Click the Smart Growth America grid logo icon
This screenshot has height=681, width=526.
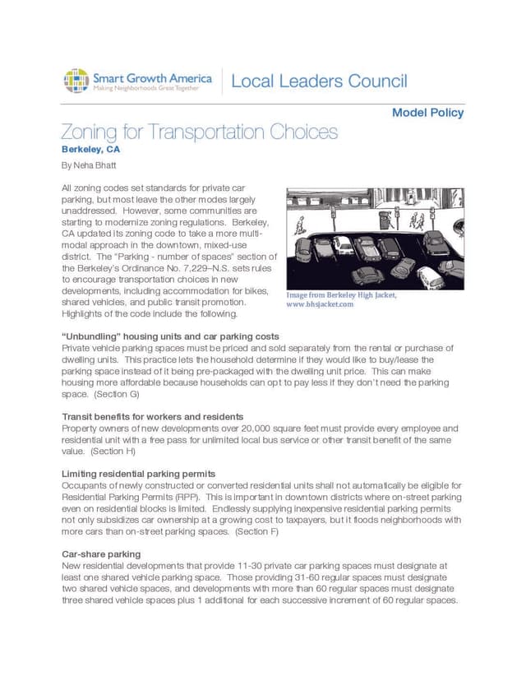click(76, 81)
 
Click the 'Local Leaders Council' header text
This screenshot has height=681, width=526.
click(319, 81)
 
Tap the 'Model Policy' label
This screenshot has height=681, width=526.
click(427, 113)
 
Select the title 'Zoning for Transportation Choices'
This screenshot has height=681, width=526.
click(199, 132)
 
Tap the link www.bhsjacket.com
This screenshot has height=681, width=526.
click(320, 303)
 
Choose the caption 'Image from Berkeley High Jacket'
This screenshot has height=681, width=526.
click(341, 294)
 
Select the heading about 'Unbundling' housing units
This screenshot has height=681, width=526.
click(170, 336)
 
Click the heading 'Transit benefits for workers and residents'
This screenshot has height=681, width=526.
click(152, 417)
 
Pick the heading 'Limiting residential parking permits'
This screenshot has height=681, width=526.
click(139, 474)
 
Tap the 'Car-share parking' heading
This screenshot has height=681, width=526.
click(101, 554)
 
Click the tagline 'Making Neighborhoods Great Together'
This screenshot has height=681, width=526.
click(145, 87)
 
